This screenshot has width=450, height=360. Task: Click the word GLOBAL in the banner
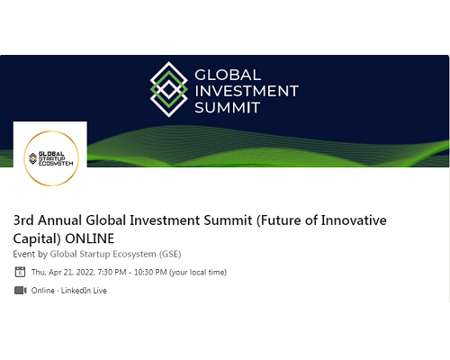[x=228, y=75]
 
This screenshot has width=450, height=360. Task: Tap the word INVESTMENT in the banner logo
[x=247, y=91]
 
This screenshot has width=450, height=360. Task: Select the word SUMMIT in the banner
[x=227, y=107]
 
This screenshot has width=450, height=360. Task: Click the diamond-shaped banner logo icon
[x=169, y=89]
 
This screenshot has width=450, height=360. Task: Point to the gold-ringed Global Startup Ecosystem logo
[x=51, y=158]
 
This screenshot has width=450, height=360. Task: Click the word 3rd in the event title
[x=23, y=220]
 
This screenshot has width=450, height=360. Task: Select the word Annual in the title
[x=60, y=220]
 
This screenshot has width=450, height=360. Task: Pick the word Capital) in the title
[x=37, y=238]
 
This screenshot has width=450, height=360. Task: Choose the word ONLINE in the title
[x=90, y=238]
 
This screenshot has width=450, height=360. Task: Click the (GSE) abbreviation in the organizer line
[x=170, y=255]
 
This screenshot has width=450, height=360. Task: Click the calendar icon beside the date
[x=20, y=272]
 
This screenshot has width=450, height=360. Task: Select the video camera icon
[x=21, y=291]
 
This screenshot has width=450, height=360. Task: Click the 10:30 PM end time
[x=150, y=273]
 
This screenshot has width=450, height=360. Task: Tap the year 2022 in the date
[x=85, y=273]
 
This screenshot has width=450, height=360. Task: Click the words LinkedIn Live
[x=84, y=291]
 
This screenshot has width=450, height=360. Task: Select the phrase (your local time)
[x=198, y=273]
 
